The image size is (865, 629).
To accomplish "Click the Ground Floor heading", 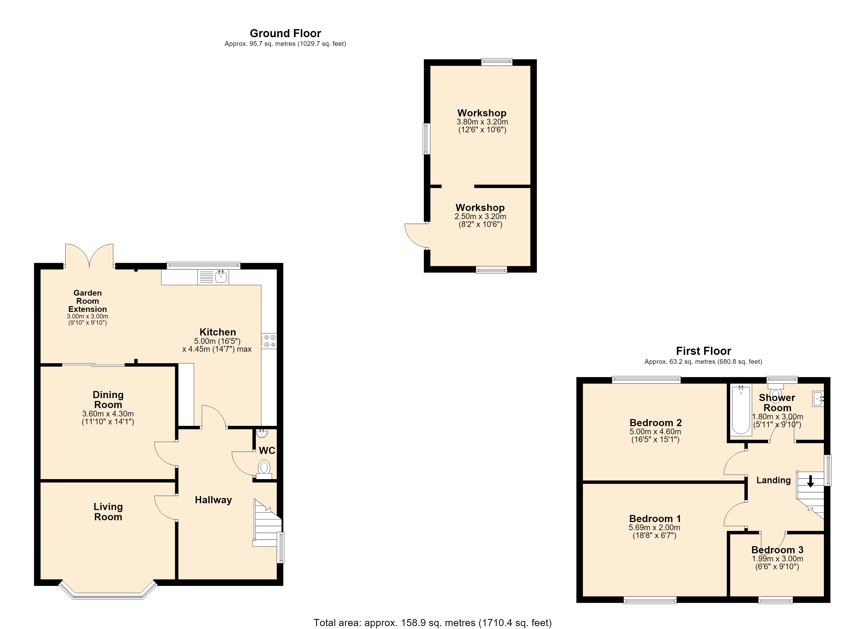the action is pos(285,33).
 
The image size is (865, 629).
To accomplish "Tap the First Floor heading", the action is pos(703,351).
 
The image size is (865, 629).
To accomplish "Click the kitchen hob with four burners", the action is pos(269,341).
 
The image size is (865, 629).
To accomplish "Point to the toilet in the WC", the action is pos(264,469).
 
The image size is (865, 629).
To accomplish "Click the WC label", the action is pos(267,451).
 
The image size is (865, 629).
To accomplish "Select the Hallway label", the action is pos(213,500).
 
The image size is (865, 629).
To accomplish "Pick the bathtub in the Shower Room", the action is pos(741,410).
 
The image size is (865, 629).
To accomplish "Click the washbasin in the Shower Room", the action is pos(818,399).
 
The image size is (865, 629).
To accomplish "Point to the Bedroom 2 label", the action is pos(655,423).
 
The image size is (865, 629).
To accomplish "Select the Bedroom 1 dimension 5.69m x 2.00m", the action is pos(655,528).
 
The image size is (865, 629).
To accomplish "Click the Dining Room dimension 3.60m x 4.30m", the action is pos(108,414).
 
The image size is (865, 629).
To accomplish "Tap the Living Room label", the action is pos(108,512).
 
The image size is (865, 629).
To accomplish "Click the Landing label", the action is pos(774,480).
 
